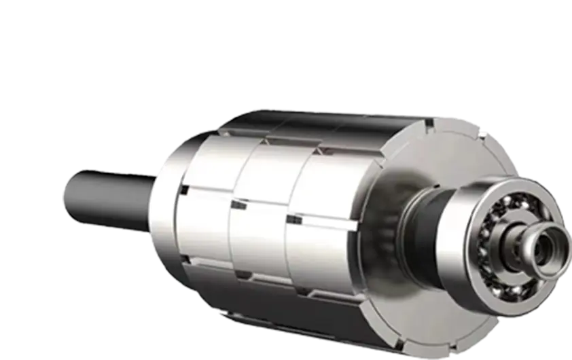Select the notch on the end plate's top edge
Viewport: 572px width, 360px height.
(429, 124)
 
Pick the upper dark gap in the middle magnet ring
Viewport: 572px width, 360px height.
(238, 202)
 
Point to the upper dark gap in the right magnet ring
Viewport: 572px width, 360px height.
(293, 219)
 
